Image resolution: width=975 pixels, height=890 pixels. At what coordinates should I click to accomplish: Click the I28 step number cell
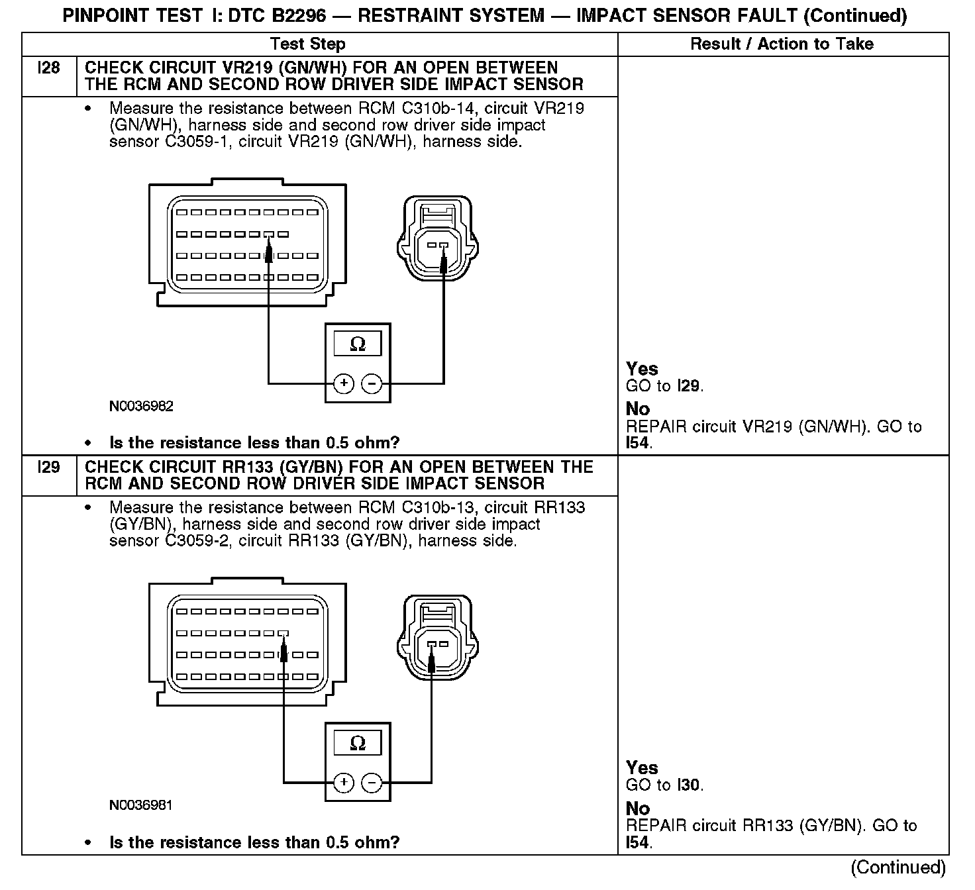coord(50,68)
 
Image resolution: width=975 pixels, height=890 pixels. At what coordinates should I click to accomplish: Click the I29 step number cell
coord(50,468)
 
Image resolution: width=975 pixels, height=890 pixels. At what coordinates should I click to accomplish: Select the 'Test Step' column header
coord(308,44)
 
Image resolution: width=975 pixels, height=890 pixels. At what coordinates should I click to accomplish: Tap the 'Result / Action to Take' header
coord(782,44)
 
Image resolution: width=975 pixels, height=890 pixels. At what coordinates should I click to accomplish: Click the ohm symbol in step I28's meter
coord(358,345)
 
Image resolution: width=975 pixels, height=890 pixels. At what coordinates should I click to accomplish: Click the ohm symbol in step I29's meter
coord(358,744)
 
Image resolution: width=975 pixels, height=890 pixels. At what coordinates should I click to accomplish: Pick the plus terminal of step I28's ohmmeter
coord(343,383)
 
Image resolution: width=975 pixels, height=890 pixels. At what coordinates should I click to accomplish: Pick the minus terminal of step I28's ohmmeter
coord(372,383)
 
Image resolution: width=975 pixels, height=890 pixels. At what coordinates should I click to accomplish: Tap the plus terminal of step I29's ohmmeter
coord(343,783)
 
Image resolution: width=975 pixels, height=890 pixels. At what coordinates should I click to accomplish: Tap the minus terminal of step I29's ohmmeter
coord(372,783)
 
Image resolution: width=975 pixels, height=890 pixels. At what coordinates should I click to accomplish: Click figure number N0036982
coord(141,407)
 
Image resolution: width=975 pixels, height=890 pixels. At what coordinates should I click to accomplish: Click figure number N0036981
coord(141,806)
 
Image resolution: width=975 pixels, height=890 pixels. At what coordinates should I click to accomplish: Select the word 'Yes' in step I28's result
coord(642,369)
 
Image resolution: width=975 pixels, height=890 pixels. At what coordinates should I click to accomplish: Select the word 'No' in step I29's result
coord(638,809)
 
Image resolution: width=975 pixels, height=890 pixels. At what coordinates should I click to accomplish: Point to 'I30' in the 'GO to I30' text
coord(689,786)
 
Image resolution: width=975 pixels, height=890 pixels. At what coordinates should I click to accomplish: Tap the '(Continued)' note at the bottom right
coord(898,867)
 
